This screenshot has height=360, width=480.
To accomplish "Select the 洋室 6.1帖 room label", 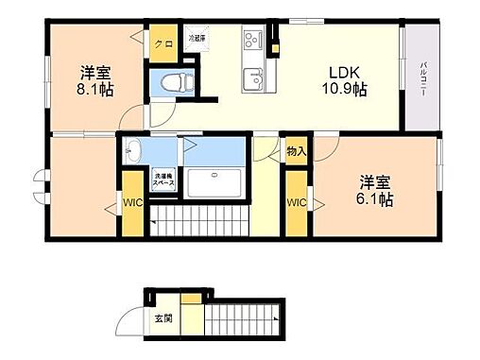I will coord(375,192).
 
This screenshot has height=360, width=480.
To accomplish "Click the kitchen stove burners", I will coord(252,40).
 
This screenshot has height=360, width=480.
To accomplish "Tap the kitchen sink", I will coord(252,77).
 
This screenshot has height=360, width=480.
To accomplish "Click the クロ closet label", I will coord(164,44).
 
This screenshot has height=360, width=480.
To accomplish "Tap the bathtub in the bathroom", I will coord(214,181).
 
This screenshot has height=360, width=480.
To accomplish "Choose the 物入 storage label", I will coord(297,151).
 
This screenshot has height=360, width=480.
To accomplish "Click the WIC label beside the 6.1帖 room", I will coord(297,203).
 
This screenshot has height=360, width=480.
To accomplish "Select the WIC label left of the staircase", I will coord(131,200).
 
